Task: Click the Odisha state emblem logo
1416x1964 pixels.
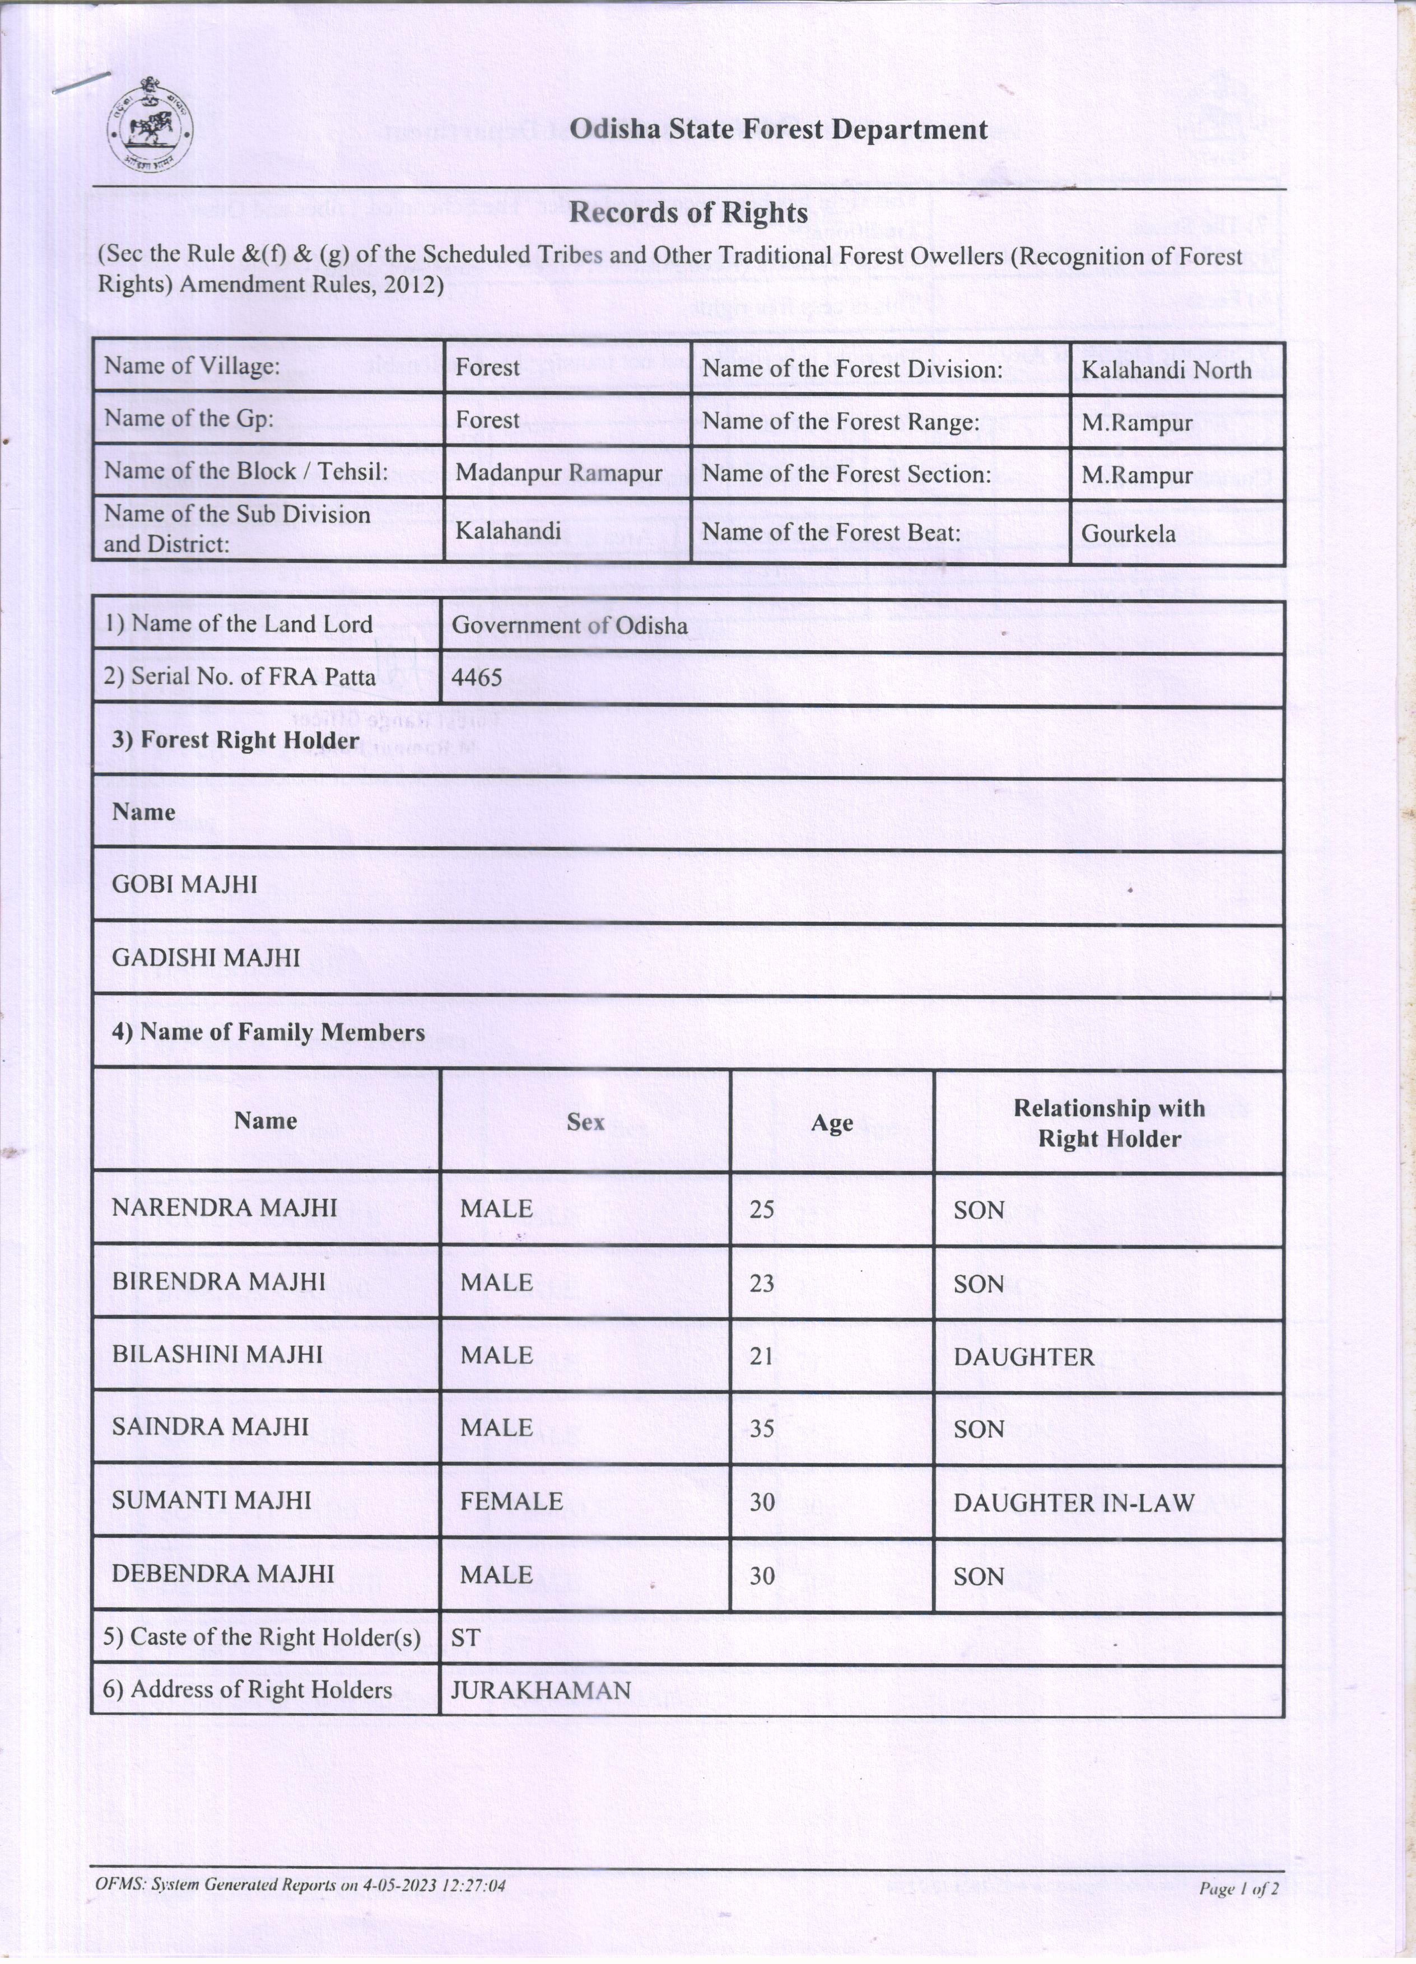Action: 150,127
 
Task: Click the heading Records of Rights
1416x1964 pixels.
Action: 688,213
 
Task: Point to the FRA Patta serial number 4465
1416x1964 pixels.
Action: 477,677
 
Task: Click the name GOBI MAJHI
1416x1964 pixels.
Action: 184,884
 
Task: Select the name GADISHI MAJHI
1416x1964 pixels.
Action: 206,958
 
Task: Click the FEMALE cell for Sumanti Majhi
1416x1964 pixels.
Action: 511,1501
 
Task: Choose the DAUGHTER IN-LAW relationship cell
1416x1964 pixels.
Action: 1073,1503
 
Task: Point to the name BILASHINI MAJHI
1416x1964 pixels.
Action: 217,1354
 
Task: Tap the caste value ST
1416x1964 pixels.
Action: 466,1636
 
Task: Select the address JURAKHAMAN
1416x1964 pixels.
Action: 541,1690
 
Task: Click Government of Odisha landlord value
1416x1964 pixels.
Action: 570,625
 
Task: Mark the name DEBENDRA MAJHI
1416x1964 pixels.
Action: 222,1574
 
